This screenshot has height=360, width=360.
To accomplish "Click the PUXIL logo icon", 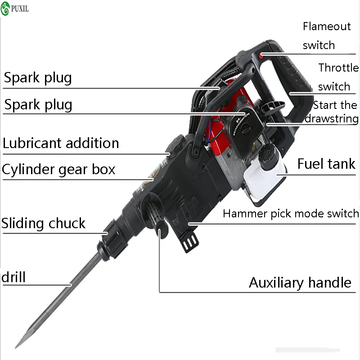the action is (6, 8).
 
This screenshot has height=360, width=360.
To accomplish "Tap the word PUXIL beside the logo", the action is (20, 8).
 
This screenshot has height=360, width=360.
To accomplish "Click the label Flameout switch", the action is (326, 36).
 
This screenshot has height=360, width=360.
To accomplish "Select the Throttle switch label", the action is (338, 77).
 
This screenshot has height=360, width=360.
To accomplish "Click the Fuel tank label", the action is (326, 164).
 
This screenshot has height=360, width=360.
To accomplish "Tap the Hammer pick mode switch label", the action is (291, 213).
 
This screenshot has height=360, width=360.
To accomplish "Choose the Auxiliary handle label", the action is (300, 283).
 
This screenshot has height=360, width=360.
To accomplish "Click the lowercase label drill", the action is (13, 277).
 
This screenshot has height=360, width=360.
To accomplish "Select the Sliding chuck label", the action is (43, 223).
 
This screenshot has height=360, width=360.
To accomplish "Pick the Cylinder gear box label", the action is (58, 170).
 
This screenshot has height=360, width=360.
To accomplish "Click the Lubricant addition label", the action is (61, 143).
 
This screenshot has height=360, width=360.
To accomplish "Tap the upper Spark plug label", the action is (38, 78).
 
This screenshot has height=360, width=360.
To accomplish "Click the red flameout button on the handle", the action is (261, 55).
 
